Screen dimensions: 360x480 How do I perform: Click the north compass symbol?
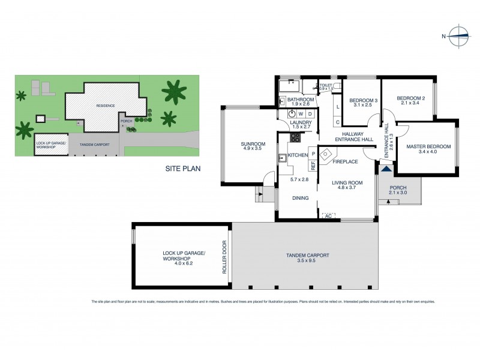click(x=459, y=36)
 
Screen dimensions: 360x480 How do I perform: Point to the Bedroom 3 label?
click(x=363, y=100)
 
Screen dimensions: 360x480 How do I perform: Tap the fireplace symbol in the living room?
click(x=325, y=154)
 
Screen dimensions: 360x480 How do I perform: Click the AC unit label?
click(x=328, y=215)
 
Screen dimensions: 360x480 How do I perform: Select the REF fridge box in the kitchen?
click(x=313, y=164)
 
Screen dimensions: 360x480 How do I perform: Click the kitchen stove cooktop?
click(x=296, y=137)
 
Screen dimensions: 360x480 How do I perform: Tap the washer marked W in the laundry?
click(x=301, y=113)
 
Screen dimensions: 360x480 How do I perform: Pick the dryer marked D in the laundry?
click(x=310, y=113)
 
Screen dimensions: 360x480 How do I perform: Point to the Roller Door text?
click(x=225, y=258)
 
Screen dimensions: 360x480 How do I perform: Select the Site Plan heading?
click(x=183, y=169)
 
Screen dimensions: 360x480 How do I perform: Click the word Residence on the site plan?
click(x=106, y=106)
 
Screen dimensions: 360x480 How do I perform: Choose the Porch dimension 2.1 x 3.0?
click(x=398, y=193)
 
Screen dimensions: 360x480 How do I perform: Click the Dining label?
click(x=300, y=198)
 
